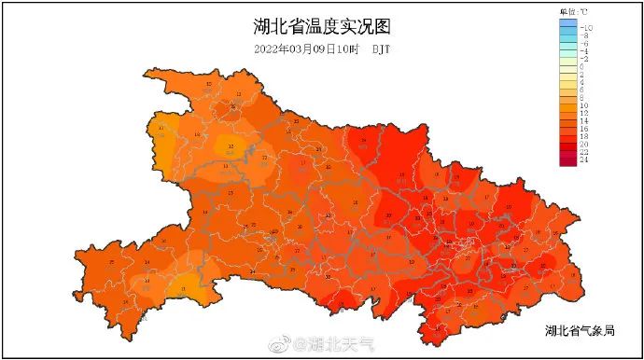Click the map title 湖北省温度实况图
click(321, 25)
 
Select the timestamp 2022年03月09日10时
click(307, 48)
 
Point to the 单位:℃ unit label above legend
click(574, 10)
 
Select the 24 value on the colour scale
click(584, 159)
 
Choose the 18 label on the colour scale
click(584, 137)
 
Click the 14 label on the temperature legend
click(584, 122)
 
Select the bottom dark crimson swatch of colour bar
click(568, 160)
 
